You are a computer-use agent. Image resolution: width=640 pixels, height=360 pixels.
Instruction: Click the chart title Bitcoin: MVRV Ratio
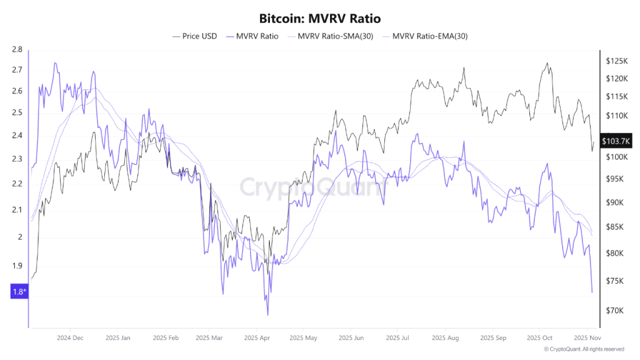click(x=319, y=19)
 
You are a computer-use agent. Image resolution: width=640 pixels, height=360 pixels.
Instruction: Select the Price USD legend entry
click(x=194, y=36)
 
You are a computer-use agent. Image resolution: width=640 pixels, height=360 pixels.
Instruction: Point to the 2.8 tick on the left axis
click(x=17, y=49)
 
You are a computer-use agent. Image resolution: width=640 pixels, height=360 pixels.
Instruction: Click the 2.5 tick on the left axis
click(x=17, y=113)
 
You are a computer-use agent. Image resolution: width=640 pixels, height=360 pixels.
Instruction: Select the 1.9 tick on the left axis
click(x=17, y=266)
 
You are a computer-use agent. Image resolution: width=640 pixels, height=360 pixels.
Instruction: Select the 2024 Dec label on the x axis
click(x=70, y=337)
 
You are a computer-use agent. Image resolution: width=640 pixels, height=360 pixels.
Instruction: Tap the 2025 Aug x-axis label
click(x=444, y=337)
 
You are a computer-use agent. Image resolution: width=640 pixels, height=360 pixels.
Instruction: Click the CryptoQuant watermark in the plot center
click(x=312, y=187)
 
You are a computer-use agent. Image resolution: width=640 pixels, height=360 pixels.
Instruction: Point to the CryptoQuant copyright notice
click(x=583, y=349)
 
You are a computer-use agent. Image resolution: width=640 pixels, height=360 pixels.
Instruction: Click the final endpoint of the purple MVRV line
click(x=592, y=292)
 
